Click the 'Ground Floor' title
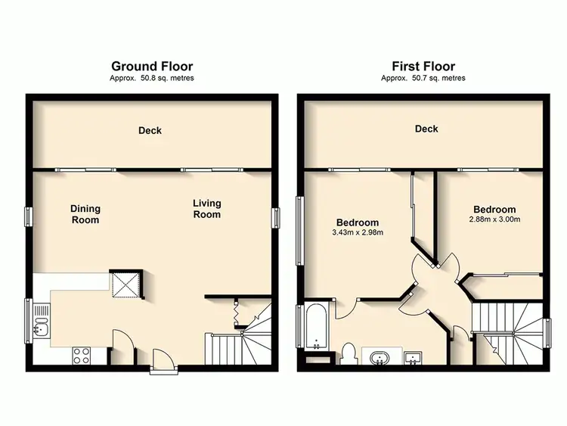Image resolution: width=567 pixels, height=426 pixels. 152,66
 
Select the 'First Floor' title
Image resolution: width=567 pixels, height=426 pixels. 423,66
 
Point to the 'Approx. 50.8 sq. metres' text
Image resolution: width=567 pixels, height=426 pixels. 152,78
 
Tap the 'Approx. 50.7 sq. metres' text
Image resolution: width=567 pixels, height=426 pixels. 423,78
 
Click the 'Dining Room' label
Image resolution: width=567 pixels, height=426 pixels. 85,214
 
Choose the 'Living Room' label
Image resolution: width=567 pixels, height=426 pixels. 206,208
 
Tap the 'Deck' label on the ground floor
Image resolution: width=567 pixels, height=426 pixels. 150,131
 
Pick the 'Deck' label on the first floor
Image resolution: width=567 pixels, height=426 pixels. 426,129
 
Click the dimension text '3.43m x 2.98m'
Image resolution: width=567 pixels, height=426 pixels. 358,232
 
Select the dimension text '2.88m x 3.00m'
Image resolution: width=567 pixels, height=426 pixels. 494,219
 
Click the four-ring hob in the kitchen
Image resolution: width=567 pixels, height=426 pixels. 82,355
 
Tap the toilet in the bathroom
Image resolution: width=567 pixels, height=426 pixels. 349,354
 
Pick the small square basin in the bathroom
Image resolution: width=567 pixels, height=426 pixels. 413,356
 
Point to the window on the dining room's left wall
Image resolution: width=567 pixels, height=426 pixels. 28,216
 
